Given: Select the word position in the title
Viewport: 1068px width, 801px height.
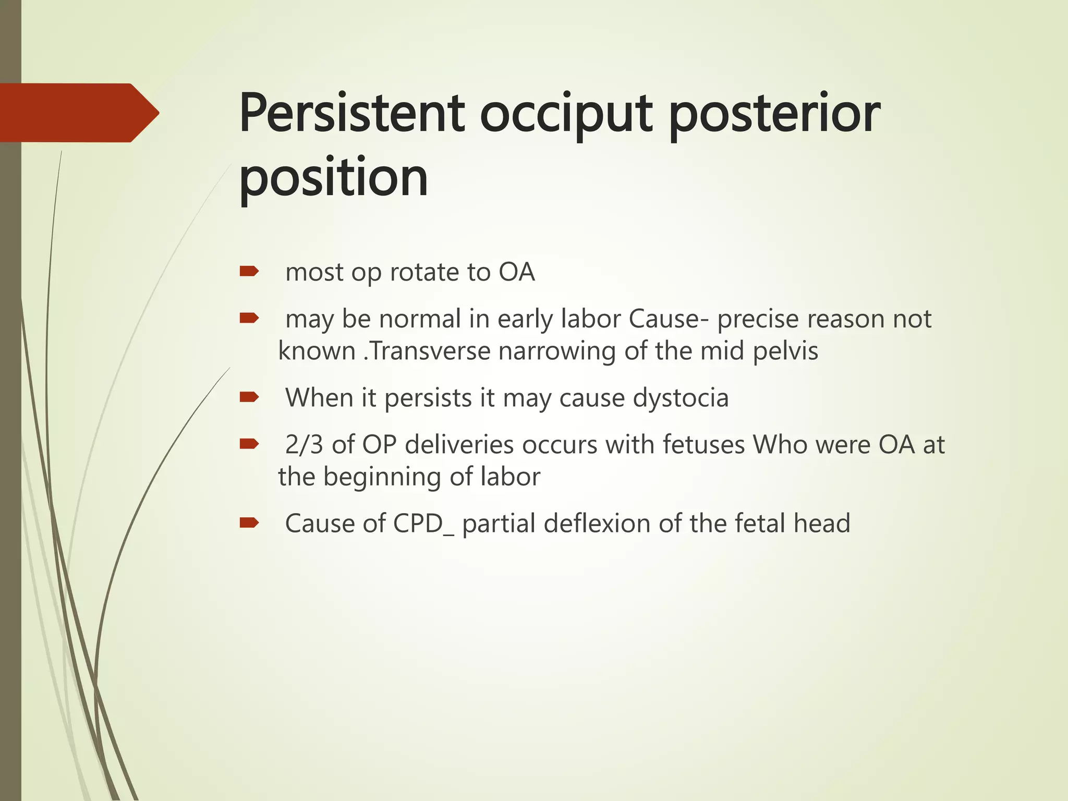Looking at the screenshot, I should coord(333,179).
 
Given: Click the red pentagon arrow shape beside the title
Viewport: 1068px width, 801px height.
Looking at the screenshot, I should coord(78,113).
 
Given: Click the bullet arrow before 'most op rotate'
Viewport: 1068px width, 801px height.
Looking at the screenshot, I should coord(249,271).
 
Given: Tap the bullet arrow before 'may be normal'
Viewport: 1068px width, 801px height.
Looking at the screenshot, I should coord(249,318).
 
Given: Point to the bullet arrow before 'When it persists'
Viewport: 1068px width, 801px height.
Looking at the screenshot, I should coord(249,397).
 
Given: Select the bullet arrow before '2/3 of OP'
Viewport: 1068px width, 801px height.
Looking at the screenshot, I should coord(249,444).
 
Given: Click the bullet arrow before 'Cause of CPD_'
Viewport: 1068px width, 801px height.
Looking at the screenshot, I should coord(249,523).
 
